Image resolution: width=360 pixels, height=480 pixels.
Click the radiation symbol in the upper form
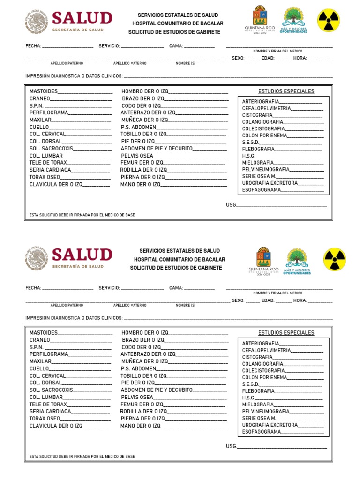coord(329,20)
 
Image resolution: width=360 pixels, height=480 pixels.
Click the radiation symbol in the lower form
coord(335,259)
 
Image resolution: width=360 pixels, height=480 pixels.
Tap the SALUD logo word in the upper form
coord(82,18)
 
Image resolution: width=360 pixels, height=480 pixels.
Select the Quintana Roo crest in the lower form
coord(263,259)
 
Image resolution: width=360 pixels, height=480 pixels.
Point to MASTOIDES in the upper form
coord(44,91)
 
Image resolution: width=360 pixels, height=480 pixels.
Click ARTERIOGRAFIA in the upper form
coord(261,101)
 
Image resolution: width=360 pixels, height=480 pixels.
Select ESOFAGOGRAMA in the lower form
coord(262,432)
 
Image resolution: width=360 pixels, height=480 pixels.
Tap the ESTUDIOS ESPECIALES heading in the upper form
coord(286,91)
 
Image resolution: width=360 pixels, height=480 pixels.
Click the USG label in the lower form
coord(231,446)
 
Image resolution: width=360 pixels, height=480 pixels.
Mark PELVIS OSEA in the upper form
coord(137,155)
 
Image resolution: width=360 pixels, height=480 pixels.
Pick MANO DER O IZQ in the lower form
coord(140,426)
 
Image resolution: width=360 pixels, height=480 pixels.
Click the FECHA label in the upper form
coord(33,46)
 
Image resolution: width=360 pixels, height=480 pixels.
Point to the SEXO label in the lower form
coord(238,300)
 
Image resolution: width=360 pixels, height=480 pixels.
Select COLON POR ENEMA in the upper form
coord(264,135)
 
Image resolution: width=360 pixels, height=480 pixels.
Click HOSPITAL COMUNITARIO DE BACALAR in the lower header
coord(180,259)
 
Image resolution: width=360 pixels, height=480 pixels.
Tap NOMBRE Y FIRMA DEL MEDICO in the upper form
coord(277,51)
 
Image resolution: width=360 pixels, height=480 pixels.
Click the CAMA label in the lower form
coord(176,288)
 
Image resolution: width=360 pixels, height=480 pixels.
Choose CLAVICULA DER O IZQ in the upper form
coord(56,184)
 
